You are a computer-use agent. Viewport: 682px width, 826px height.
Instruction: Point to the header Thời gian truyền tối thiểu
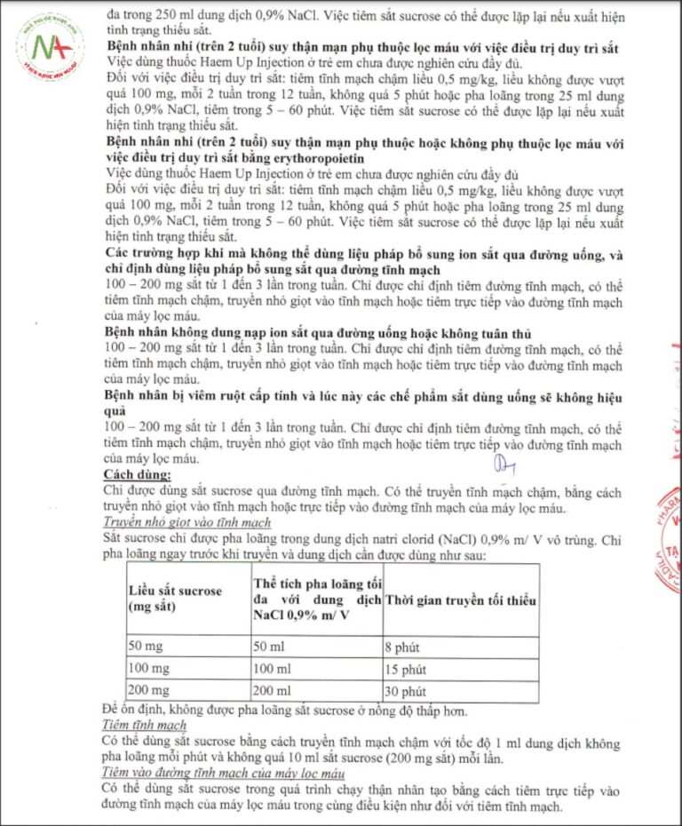click(x=460, y=601)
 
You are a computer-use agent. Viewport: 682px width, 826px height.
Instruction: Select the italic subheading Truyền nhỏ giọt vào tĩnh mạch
click(x=187, y=523)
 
